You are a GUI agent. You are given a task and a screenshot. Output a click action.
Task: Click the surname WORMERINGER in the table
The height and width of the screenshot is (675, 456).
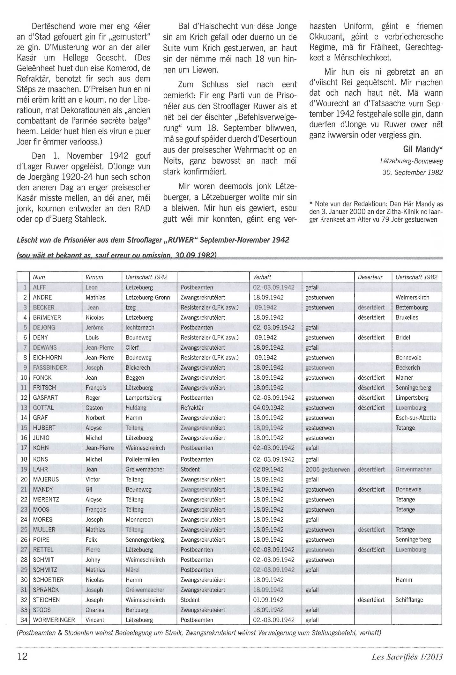pyautogui.click(x=54, y=620)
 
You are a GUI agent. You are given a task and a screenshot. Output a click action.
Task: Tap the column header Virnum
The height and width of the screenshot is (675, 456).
pyautogui.click(x=94, y=277)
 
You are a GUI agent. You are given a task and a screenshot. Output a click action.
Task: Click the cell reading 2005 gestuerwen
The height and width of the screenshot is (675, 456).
pyautogui.click(x=327, y=469)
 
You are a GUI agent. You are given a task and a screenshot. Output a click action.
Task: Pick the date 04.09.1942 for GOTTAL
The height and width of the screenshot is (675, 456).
pyautogui.click(x=268, y=408)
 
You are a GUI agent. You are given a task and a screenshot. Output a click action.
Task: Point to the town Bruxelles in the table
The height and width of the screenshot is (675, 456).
pyautogui.click(x=407, y=317)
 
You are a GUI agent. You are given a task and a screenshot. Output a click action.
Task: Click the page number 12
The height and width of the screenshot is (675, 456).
pyautogui.click(x=22, y=656)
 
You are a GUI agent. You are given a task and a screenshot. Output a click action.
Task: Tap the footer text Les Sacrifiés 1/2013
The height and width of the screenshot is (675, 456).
pyautogui.click(x=407, y=656)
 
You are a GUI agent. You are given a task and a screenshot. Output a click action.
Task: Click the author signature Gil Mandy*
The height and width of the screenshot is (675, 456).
pyautogui.click(x=422, y=149)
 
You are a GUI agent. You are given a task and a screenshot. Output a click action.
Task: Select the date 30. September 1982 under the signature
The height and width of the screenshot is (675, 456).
pyautogui.click(x=412, y=173)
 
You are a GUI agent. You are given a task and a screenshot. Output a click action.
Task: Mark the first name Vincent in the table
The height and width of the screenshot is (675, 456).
pyautogui.click(x=95, y=620)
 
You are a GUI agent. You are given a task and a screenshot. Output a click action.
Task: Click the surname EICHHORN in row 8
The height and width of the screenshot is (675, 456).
pyautogui.click(x=47, y=358)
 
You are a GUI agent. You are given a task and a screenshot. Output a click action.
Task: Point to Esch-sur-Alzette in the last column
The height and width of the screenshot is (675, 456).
pyautogui.click(x=415, y=418)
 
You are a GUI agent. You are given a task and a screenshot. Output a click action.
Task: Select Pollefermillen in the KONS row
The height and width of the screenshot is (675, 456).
pyautogui.click(x=142, y=459)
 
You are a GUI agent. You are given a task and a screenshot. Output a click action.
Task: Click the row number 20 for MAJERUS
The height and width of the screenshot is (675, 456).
pyautogui.click(x=24, y=479)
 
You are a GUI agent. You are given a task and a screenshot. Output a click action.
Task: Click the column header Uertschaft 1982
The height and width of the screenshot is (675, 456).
pyautogui.click(x=416, y=277)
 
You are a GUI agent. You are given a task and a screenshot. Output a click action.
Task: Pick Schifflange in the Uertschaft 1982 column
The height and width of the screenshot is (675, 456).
pyautogui.click(x=409, y=600)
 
